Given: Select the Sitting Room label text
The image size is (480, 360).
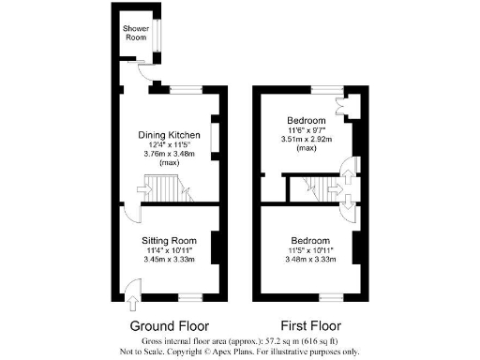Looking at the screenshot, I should [x=169, y=240].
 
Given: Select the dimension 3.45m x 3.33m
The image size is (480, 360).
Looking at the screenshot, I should [x=169, y=260].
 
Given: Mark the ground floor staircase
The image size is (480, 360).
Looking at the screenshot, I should [x=166, y=194].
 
